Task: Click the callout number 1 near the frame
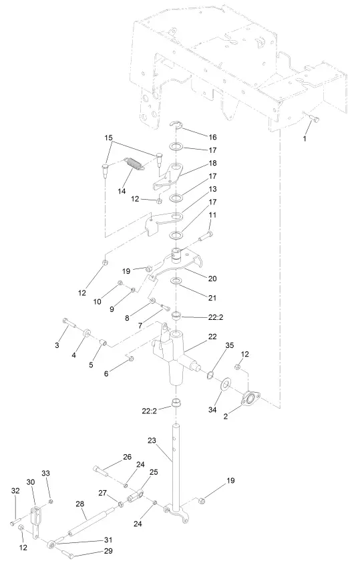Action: [305, 139]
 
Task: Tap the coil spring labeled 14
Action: [135, 163]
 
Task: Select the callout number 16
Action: [213, 136]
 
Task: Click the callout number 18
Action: [213, 162]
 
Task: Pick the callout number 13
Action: [213, 189]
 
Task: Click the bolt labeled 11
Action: [204, 238]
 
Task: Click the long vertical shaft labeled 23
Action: [176, 467]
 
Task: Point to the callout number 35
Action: [229, 346]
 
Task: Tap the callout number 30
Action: [30, 482]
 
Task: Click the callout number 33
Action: [46, 473]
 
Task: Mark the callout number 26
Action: [128, 457]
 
